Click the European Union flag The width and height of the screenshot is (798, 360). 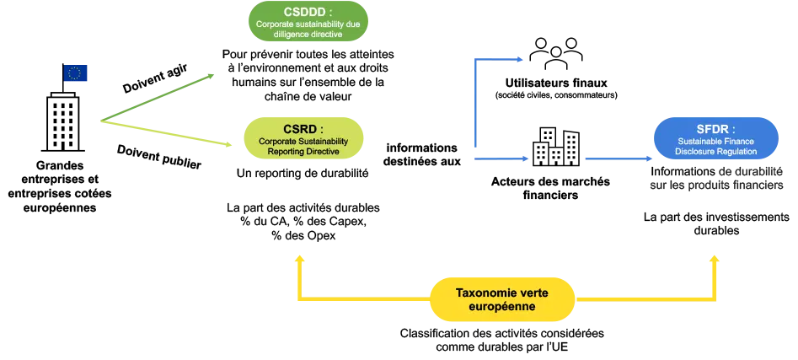74,74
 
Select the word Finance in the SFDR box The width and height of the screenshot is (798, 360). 736,141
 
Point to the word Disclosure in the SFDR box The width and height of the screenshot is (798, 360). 697,152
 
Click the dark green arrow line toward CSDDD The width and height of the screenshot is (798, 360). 160,94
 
